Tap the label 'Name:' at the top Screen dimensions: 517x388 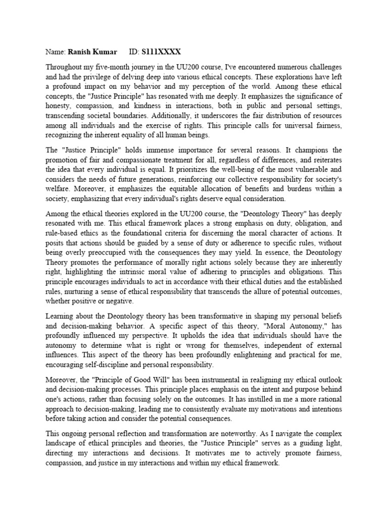55,53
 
